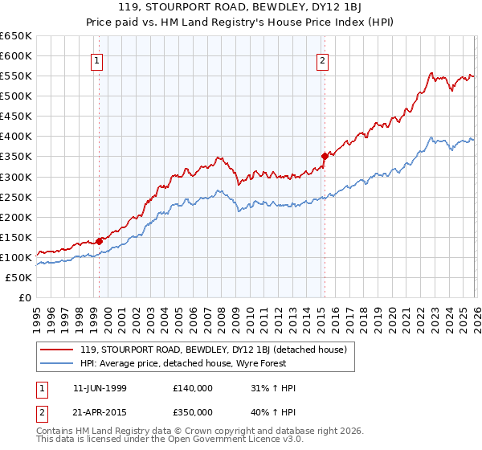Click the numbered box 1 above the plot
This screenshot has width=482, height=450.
(97, 59)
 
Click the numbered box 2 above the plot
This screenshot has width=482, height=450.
(323, 59)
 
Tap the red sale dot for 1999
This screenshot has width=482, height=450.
(99, 240)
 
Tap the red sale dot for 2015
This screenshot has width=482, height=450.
(325, 156)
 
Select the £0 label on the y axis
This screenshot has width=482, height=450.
(23, 297)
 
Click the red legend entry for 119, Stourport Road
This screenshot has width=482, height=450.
(213, 350)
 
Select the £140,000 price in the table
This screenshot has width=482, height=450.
(192, 388)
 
